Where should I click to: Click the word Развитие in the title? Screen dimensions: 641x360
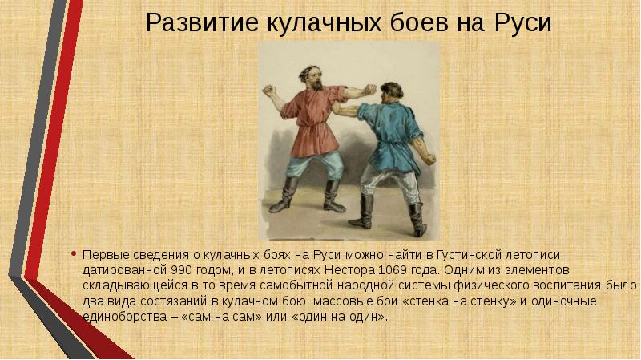(203, 22)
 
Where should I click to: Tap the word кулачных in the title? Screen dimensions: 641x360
(325, 23)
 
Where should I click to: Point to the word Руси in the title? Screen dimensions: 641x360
(523, 23)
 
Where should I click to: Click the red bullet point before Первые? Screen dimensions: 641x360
(74, 254)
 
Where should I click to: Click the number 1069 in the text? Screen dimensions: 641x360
(393, 270)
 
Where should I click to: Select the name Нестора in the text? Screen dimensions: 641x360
(349, 270)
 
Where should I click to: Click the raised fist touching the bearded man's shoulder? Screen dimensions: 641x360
(370, 90)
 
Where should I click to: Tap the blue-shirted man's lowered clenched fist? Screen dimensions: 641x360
(429, 158)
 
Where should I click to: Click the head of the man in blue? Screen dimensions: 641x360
(391, 93)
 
